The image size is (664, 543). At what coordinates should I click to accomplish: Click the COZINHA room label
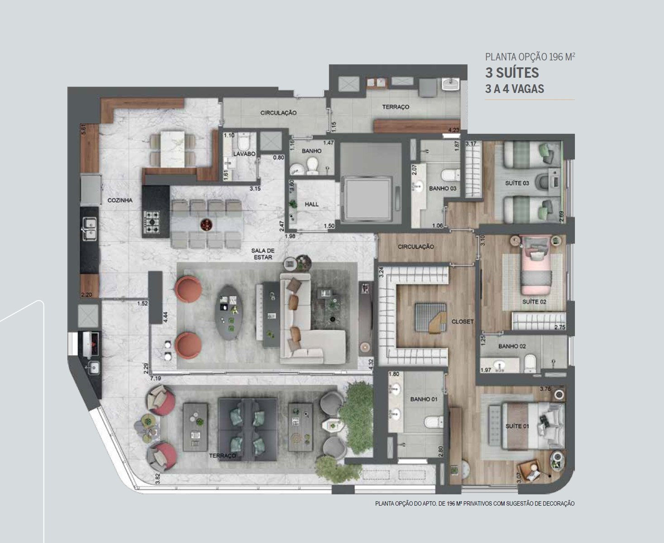pos(120,200)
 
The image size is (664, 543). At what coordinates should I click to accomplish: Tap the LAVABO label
pos(244,154)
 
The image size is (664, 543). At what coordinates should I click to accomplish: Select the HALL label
pos(312,204)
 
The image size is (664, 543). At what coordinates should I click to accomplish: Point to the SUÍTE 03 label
pos(517,183)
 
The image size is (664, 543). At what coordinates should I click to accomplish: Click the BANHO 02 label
pos(512,346)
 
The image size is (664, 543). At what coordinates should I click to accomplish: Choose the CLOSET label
pos(463,321)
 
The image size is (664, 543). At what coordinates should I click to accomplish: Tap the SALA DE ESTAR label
pos(263,254)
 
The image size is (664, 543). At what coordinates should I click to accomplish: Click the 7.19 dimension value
pos(156,378)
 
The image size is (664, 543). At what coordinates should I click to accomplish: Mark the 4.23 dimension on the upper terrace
pos(454,130)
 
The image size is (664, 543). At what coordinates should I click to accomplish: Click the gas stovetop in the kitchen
pos(152,222)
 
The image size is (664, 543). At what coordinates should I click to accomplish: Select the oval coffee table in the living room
pos(231,312)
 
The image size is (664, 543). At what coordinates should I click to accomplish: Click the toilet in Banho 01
pos(434,422)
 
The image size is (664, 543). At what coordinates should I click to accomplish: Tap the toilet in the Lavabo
pos(244,142)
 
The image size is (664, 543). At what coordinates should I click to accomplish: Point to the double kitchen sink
pos(90,229)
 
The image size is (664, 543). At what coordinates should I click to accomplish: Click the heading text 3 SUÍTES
pos(512,73)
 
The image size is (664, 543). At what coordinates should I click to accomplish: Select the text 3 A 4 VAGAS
pos(515,89)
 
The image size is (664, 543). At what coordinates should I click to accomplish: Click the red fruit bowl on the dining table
pos(206,225)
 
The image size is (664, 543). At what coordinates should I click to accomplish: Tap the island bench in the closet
pos(431,317)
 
